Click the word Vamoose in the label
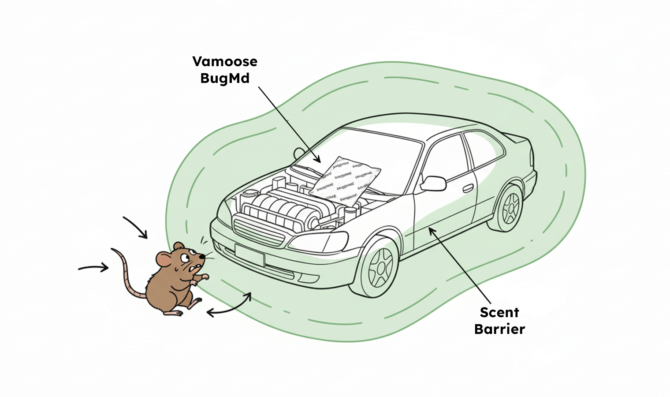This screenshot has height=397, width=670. tap(225, 61)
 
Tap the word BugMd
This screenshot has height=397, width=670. tap(225, 78)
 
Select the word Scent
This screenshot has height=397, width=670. tap(499, 312)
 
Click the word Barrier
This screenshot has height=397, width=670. tap(499, 329)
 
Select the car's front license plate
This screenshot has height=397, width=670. tap(249, 255)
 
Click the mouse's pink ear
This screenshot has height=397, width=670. tap(164, 260)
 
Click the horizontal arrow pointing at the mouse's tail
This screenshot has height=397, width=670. tap(93, 267)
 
